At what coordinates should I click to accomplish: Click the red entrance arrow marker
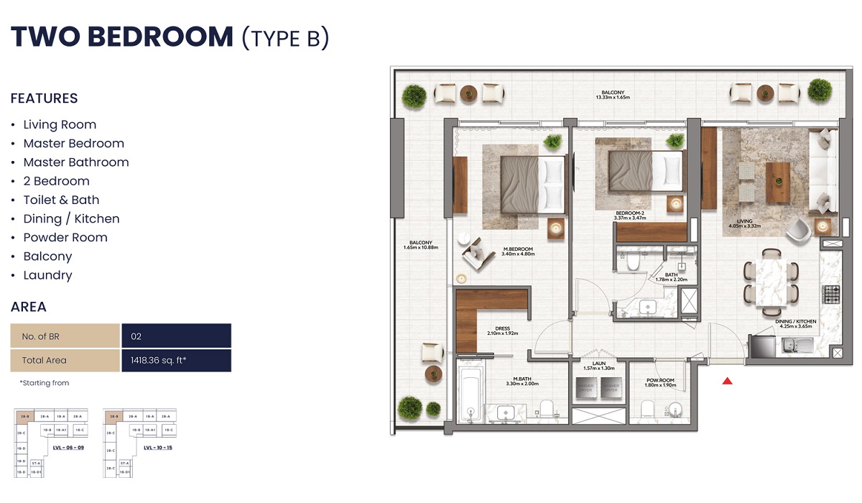pyautogui.click(x=728, y=382)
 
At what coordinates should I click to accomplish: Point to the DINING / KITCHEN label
pyautogui.click(x=795, y=324)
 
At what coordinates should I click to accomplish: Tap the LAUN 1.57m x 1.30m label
pyautogui.click(x=599, y=366)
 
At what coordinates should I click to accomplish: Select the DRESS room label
pyautogui.click(x=502, y=331)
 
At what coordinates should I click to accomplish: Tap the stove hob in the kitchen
pyautogui.click(x=831, y=294)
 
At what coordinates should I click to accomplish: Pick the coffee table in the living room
pyautogui.click(x=777, y=183)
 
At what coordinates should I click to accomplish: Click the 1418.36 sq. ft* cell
pyautogui.click(x=176, y=360)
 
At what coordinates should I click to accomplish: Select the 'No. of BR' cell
pyautogui.click(x=65, y=336)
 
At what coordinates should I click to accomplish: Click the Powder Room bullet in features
pyautogui.click(x=65, y=238)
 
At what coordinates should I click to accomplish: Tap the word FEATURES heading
pyautogui.click(x=44, y=98)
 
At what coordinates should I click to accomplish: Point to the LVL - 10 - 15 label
pyautogui.click(x=157, y=447)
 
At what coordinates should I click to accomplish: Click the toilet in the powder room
pyautogui.click(x=646, y=410)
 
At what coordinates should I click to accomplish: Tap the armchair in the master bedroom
pyautogui.click(x=475, y=254)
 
